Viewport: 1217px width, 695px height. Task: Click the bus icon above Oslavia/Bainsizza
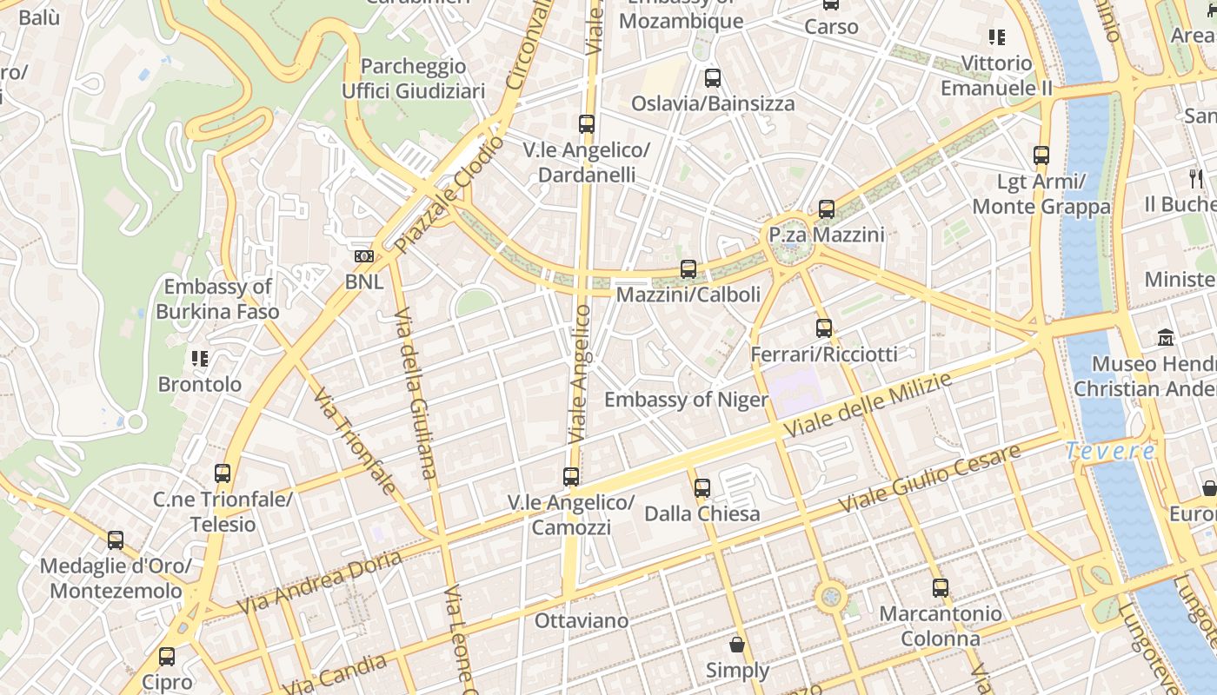(x=713, y=78)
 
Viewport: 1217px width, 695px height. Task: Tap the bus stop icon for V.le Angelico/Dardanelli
(x=587, y=124)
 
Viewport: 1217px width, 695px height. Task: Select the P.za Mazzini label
(x=826, y=235)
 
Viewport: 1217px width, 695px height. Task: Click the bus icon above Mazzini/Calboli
(x=688, y=269)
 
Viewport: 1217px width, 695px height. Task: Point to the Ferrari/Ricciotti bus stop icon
(x=824, y=328)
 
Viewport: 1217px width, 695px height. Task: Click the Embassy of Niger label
(x=686, y=400)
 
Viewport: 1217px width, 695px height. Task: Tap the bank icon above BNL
(x=364, y=256)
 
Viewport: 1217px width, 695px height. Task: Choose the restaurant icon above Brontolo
(x=200, y=358)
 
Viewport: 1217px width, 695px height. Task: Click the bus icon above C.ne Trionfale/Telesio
(x=223, y=473)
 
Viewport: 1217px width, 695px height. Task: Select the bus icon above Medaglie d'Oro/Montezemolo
(x=116, y=540)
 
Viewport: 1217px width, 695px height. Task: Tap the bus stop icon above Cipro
(x=167, y=657)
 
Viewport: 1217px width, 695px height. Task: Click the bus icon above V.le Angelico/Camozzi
(x=571, y=476)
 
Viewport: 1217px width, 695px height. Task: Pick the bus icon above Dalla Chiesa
(x=702, y=487)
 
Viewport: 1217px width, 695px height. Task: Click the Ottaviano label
(x=582, y=620)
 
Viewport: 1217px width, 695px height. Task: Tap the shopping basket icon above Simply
(x=737, y=645)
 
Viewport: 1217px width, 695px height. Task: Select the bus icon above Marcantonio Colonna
(x=940, y=588)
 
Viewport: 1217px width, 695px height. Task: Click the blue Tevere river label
(x=1111, y=451)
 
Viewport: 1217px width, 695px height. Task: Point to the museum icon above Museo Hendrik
(x=1166, y=337)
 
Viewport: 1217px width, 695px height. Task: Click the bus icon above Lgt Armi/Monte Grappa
(x=1041, y=156)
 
